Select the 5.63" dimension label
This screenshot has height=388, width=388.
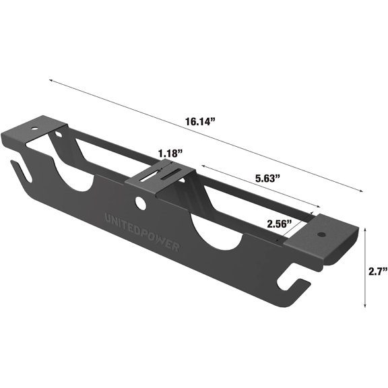(x=268, y=179)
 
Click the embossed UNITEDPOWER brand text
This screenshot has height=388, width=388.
(x=142, y=232)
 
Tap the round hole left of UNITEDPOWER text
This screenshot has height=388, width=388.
(x=140, y=202)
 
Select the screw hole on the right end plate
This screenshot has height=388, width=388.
(x=321, y=235)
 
